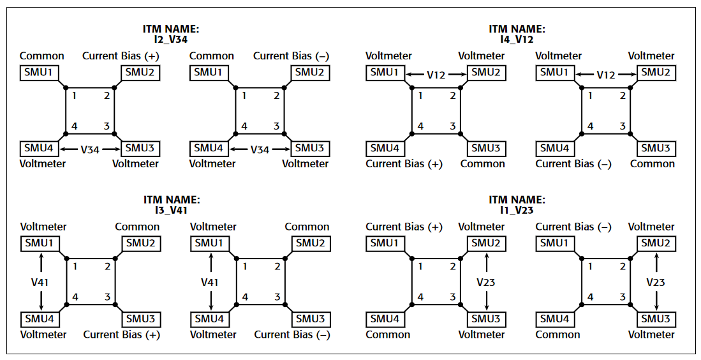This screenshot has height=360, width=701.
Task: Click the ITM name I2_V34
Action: tap(171, 40)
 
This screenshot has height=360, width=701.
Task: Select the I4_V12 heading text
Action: tap(517, 40)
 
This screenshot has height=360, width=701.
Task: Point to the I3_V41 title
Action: tap(171, 210)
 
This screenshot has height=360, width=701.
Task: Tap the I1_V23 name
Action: tap(517, 210)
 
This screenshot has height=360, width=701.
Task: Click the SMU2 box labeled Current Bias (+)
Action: tap(139, 72)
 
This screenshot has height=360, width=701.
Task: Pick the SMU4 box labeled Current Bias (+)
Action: tap(385, 148)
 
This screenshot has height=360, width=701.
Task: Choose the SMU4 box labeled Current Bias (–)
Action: tap(555, 148)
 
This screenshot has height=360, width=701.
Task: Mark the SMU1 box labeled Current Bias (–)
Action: tap(555, 243)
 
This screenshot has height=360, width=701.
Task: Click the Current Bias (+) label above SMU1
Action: tap(404, 227)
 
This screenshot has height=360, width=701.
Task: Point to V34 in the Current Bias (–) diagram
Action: tap(260, 149)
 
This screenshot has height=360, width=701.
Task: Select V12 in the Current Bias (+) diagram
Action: tap(436, 75)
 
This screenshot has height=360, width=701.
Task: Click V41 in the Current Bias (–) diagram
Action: tap(210, 281)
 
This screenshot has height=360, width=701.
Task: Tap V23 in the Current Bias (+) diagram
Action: tap(486, 281)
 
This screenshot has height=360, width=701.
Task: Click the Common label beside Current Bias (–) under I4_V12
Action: tap(652, 164)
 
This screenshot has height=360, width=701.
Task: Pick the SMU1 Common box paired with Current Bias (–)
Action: tap(208, 72)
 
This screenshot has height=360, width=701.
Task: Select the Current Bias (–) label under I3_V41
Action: tap(292, 334)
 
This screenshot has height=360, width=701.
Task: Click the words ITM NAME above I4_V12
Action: tap(517, 29)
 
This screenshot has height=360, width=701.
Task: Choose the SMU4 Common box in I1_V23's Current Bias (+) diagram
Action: tap(385, 319)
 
